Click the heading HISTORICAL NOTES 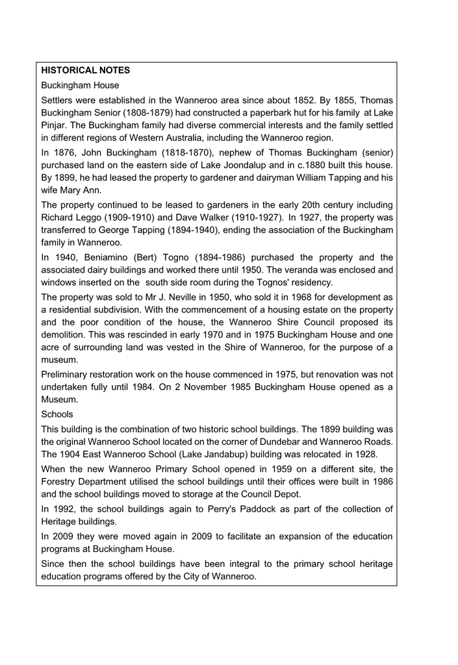[x=85, y=69]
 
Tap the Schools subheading [x=57, y=413]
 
